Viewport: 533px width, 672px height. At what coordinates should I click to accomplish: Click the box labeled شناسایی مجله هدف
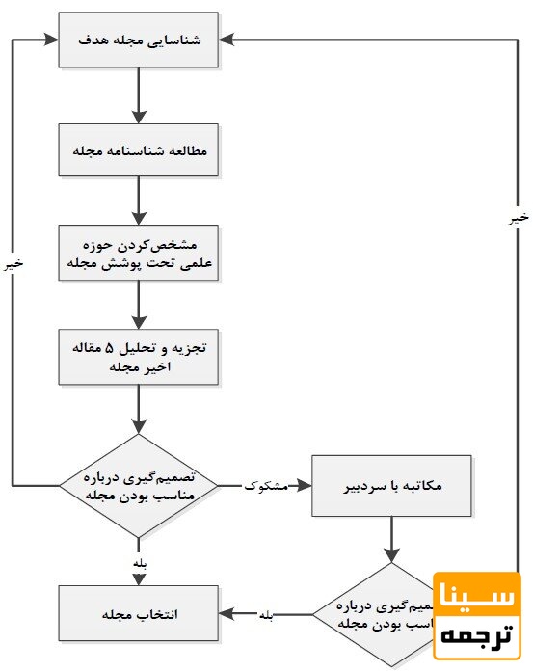coord(139,40)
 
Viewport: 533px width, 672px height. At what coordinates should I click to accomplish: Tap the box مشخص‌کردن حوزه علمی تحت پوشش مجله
coord(139,254)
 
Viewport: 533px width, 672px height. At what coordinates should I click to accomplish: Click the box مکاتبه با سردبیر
coord(390,485)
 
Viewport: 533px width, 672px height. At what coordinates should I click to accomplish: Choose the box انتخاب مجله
coord(139,613)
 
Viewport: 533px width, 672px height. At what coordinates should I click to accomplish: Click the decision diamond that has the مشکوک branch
coord(139,485)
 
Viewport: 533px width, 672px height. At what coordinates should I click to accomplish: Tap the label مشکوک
coord(267,486)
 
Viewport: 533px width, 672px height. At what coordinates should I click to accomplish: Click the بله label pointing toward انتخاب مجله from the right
coord(266,614)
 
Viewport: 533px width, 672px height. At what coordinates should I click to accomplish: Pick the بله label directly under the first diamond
coord(139,562)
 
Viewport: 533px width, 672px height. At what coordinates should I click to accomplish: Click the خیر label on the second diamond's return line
coord(519,219)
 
